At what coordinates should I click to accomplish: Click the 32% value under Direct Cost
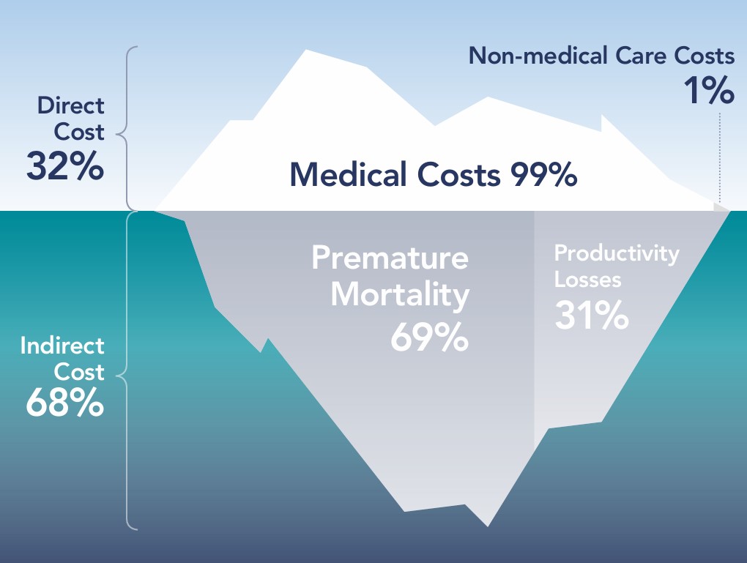64,165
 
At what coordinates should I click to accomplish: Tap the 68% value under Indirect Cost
64,403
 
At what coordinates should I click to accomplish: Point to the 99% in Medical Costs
543,174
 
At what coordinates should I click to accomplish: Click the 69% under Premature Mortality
429,338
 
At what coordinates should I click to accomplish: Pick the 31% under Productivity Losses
591,314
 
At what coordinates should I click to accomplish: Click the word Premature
390,258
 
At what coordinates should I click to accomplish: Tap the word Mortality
400,295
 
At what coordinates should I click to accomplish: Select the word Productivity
617,254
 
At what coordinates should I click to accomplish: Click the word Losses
587,280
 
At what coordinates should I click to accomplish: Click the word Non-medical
538,56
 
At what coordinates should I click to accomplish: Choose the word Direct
70,105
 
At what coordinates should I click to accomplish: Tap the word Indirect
62,346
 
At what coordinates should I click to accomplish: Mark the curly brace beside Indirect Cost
124,370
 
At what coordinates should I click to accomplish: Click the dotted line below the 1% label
720,158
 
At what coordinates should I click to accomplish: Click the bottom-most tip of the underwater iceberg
487,526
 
